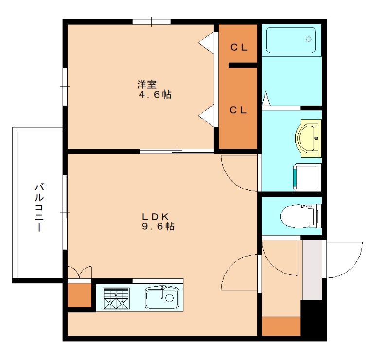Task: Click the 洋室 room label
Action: (147, 85)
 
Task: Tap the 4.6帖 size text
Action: (155, 94)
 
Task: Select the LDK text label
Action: (156, 217)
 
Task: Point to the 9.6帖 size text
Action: (159, 226)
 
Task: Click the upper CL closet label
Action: (239, 47)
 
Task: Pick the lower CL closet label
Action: (238, 110)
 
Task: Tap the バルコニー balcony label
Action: (39, 207)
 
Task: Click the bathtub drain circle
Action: (309, 39)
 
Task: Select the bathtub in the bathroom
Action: (291, 40)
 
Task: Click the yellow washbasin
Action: (308, 138)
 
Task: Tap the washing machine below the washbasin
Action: (307, 177)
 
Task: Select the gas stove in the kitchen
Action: (116, 298)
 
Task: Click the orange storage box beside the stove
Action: (79, 295)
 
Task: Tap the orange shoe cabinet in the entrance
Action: (281, 326)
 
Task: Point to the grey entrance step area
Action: (312, 270)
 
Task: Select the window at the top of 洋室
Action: (152, 22)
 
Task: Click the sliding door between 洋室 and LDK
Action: (177, 151)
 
